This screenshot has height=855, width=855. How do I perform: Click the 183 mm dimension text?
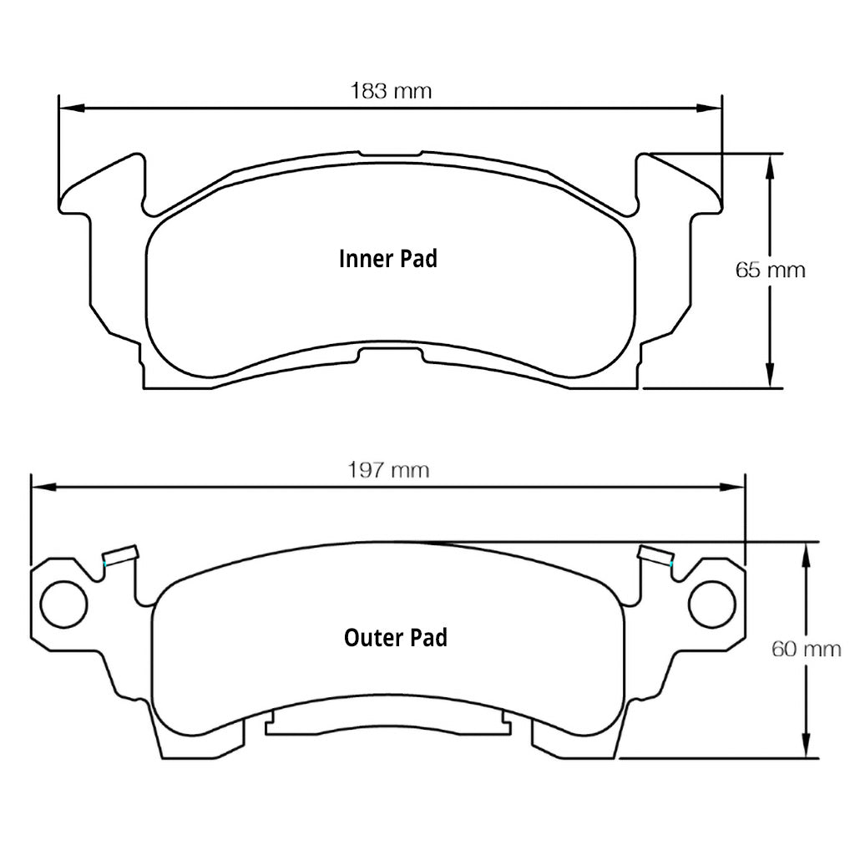(x=391, y=91)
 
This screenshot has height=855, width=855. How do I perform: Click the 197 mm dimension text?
(x=388, y=470)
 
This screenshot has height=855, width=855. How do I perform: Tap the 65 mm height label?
(x=770, y=271)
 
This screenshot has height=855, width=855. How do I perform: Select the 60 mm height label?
(x=806, y=649)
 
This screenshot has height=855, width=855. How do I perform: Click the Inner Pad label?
(x=387, y=259)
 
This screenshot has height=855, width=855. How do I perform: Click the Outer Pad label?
(x=395, y=638)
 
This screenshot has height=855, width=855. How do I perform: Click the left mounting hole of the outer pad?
(x=63, y=605)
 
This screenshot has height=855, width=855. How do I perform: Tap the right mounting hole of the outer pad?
(x=711, y=605)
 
